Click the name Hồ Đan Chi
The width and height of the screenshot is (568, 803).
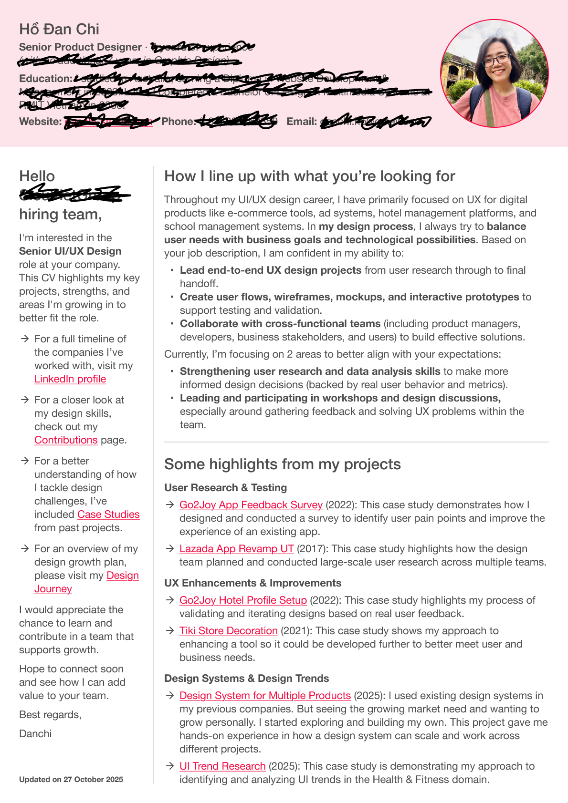tap(59, 30)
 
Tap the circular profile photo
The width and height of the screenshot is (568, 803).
tap(494, 73)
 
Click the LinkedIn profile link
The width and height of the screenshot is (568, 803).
tap(70, 379)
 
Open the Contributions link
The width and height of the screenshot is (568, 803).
tap(66, 440)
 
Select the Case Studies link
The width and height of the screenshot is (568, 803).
tap(108, 515)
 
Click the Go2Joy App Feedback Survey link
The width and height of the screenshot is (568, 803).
tap(251, 505)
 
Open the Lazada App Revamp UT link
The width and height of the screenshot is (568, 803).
tap(236, 549)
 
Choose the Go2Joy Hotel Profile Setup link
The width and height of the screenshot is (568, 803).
tap(243, 600)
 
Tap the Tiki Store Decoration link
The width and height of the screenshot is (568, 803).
tap(228, 631)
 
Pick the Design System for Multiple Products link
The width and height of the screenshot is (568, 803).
tap(265, 696)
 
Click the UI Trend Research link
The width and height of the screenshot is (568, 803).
tap(222, 766)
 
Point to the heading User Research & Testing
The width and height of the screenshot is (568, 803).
tap(225, 488)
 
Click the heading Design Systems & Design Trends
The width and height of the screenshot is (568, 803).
tap(246, 679)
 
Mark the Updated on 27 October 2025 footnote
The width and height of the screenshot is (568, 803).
tap(71, 780)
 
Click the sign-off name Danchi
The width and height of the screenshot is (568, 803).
tap(35, 734)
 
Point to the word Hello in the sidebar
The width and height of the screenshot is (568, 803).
tap(37, 176)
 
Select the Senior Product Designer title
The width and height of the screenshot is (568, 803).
tap(80, 47)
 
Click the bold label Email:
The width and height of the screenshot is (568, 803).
tap(302, 122)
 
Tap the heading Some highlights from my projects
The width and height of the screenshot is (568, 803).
tap(282, 464)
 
